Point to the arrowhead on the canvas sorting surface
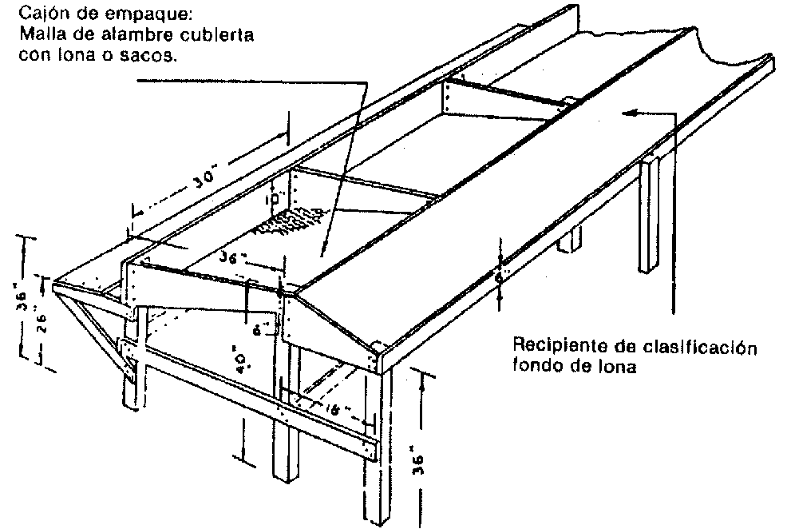631,113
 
